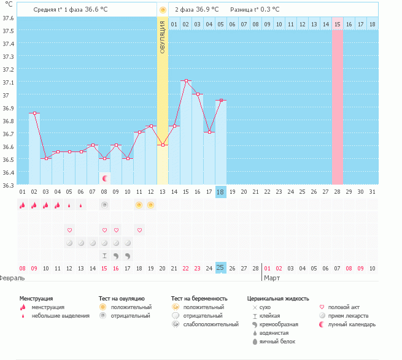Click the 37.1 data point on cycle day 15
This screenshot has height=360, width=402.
186,80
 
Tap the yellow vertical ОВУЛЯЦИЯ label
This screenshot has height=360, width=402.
162,36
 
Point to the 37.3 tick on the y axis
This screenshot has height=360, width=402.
9,56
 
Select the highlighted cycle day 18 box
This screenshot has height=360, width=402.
221,192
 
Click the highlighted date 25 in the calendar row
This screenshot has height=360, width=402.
221,268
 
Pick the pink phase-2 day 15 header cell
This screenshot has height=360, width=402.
338,24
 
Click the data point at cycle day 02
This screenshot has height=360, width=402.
34,113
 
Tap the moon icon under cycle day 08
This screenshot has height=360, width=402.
105,178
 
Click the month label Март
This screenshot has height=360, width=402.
272,278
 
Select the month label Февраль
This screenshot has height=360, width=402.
12,278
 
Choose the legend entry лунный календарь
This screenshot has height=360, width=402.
352,324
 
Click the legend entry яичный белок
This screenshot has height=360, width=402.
280,341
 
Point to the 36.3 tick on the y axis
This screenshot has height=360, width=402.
9,185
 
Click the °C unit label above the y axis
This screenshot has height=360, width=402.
9,5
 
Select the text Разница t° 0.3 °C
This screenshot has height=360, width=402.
254,10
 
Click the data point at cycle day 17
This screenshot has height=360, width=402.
209,132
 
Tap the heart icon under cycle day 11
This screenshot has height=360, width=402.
140,230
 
